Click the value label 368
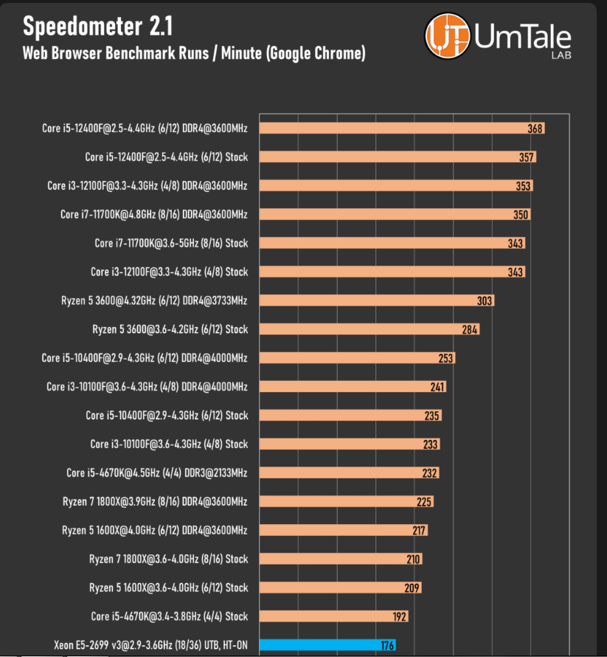(535, 128)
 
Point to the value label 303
(485, 300)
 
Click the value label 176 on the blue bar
(386, 645)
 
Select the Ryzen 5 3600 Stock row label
(170, 329)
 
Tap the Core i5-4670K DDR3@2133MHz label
(156, 473)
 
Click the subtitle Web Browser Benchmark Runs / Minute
(194, 53)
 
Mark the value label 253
(445, 358)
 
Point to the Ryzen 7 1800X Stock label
(168, 559)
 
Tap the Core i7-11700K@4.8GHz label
(153, 214)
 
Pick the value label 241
(437, 387)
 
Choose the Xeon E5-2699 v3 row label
(150, 645)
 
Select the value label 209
(412, 588)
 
